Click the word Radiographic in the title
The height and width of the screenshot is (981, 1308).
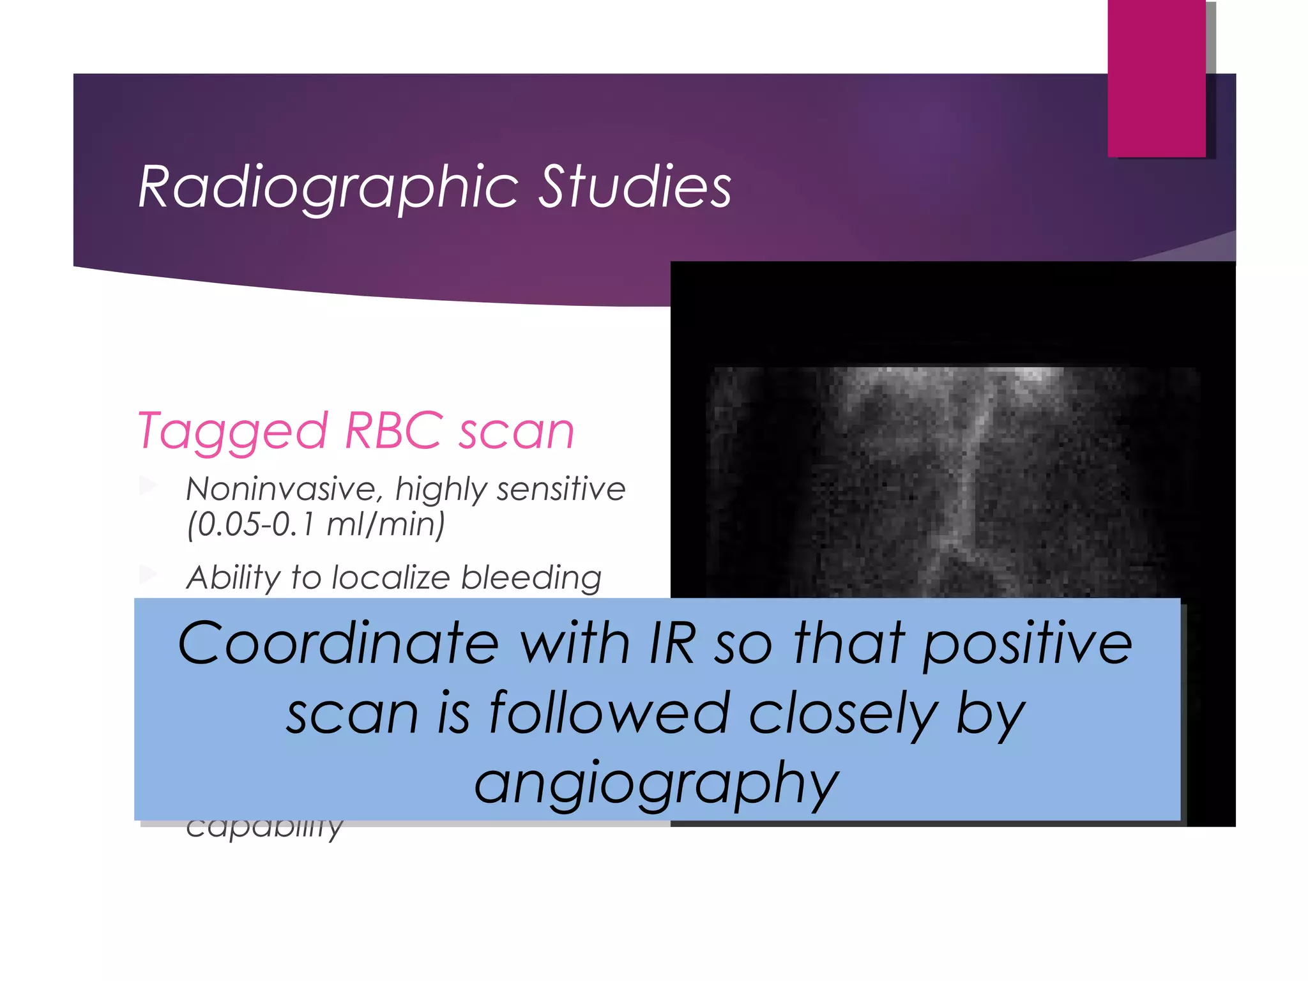pos(328,186)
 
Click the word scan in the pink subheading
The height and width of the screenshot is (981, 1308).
pos(517,432)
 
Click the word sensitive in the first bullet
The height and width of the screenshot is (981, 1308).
pos(561,489)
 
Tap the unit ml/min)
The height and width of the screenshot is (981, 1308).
pos(386,524)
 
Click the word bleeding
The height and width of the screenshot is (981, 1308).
pos(531,577)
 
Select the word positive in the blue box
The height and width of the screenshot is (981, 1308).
pos(1028,644)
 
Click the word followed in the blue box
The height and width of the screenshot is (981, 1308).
pos(609,713)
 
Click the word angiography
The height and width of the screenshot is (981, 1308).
pos(656,784)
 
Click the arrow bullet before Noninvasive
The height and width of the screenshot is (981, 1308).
pos(148,486)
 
